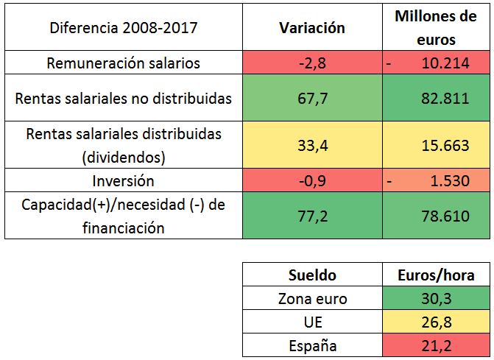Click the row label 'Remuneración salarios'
click(x=123, y=63)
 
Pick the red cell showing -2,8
click(x=312, y=63)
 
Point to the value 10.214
click(x=445, y=63)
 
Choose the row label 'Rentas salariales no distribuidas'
click(x=123, y=97)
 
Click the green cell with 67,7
click(x=312, y=97)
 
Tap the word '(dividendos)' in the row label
click(x=124, y=156)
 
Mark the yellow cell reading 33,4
click(x=312, y=146)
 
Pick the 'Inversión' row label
click(x=123, y=180)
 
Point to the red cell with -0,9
click(x=312, y=180)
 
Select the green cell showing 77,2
click(x=312, y=216)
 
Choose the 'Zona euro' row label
click(x=313, y=299)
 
